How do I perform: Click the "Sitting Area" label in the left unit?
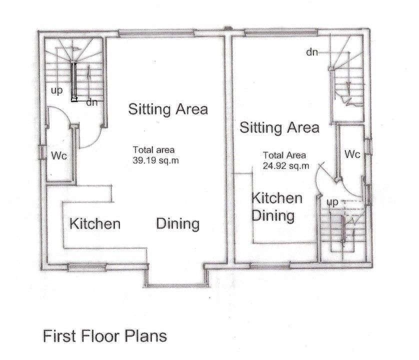[x=168, y=109]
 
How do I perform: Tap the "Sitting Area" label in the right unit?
[x=279, y=127]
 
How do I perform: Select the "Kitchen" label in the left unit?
[x=95, y=223]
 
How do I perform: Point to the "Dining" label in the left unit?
[x=178, y=223]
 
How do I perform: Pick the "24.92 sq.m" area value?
[x=286, y=164]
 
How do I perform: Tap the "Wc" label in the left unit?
[x=59, y=156]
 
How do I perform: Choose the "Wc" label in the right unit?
[x=352, y=154]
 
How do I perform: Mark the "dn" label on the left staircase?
[x=91, y=103]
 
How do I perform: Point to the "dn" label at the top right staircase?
[x=312, y=52]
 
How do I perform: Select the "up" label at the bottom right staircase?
[x=333, y=202]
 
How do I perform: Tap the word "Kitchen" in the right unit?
[x=276, y=198]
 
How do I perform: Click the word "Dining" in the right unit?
[x=272, y=216]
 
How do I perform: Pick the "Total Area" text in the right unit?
[x=284, y=154]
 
